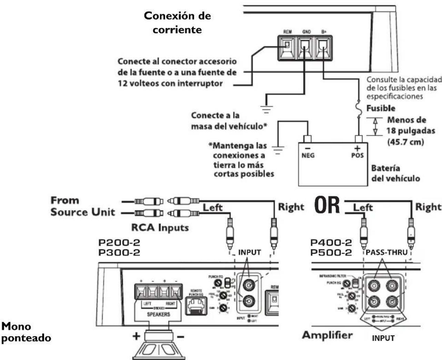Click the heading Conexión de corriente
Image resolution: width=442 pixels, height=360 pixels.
[x=177, y=23]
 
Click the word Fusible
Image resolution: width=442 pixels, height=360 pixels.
[x=381, y=108]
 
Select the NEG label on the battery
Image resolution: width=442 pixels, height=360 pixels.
[x=308, y=155]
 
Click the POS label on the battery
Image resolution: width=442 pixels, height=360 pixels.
[x=358, y=155]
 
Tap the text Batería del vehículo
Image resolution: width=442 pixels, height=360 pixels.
[x=395, y=174]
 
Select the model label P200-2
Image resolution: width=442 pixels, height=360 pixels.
[x=119, y=243]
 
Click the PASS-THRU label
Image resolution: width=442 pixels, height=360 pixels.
[x=386, y=252]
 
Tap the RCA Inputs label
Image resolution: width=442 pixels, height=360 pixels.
[x=160, y=228]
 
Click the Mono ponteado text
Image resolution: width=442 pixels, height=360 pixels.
[x=27, y=332]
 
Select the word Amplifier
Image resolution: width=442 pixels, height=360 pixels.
[x=327, y=335]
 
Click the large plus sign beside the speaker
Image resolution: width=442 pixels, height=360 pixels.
[x=137, y=335]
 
